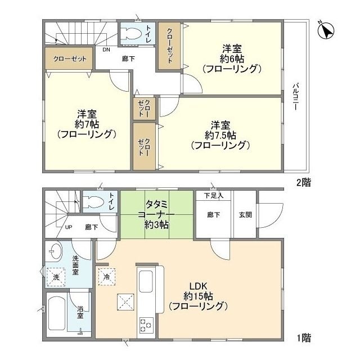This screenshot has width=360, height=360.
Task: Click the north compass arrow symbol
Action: (x=326, y=30)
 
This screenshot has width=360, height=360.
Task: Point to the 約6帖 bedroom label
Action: (x=231, y=58)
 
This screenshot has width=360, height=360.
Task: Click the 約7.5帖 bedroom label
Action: (x=220, y=134)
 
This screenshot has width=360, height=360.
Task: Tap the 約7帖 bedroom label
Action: (x=86, y=124)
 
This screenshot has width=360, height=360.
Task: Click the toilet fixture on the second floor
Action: (x=133, y=32)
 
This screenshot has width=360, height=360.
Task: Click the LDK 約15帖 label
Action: (x=197, y=296)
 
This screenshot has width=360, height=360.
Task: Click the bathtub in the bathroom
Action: (x=56, y=314)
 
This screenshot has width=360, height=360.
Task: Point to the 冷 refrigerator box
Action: (x=106, y=277)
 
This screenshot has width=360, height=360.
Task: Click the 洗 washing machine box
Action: (x=57, y=277)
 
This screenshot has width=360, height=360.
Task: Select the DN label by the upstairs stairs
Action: (x=106, y=49)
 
